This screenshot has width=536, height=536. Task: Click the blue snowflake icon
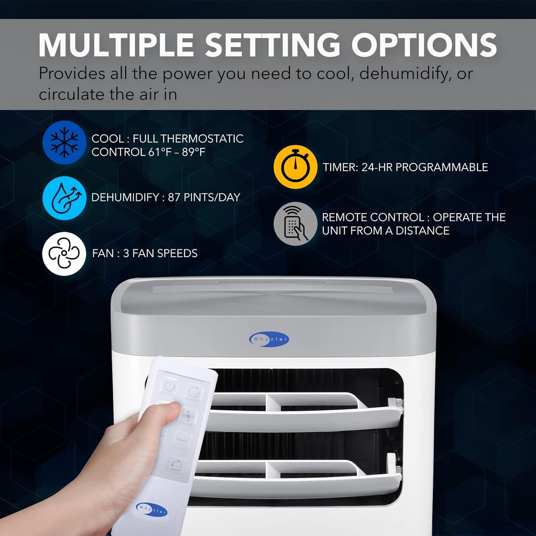click(64, 142)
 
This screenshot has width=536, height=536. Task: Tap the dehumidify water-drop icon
click(64, 198)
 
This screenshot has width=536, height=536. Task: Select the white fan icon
click(64, 253)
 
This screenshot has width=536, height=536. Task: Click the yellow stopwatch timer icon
click(295, 167)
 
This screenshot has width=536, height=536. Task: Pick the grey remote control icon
click(295, 224)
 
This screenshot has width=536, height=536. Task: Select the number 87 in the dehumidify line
click(174, 197)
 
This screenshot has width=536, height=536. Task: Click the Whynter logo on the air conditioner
click(269, 339)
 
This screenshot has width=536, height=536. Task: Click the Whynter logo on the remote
click(152, 509)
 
